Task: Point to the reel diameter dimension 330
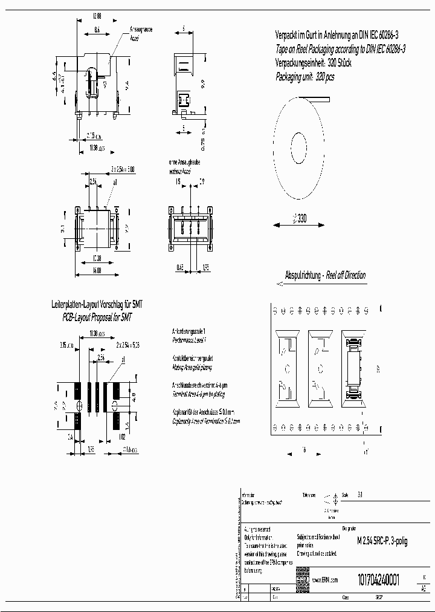click(300, 220)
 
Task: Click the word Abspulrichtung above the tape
click(304, 275)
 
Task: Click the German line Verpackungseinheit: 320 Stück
click(313, 63)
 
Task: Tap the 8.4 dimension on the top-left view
click(97, 28)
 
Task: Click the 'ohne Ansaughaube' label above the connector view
click(186, 163)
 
